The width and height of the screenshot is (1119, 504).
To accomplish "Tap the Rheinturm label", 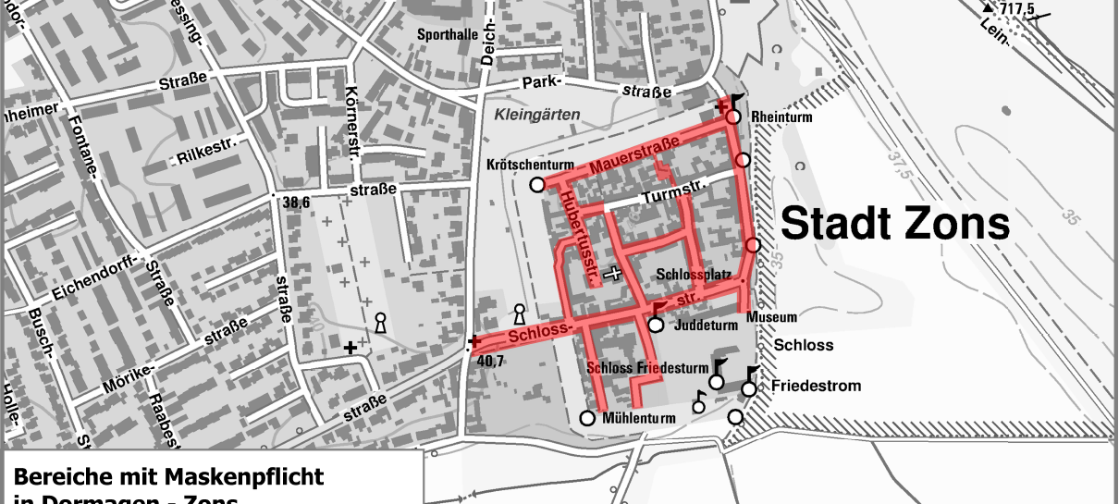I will click(x=781, y=117).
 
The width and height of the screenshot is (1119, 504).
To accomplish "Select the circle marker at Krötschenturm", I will click(x=536, y=185).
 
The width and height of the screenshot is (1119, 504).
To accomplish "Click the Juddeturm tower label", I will click(x=704, y=326).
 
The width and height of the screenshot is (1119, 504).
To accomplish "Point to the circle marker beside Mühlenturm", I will click(x=586, y=418).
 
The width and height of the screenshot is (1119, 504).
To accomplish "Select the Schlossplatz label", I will click(x=694, y=276).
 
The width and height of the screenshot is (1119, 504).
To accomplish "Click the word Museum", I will click(x=771, y=317).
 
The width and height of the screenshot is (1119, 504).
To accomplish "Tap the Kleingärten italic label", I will click(x=537, y=115).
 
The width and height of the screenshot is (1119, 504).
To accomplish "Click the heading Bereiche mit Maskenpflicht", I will click(x=168, y=477).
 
